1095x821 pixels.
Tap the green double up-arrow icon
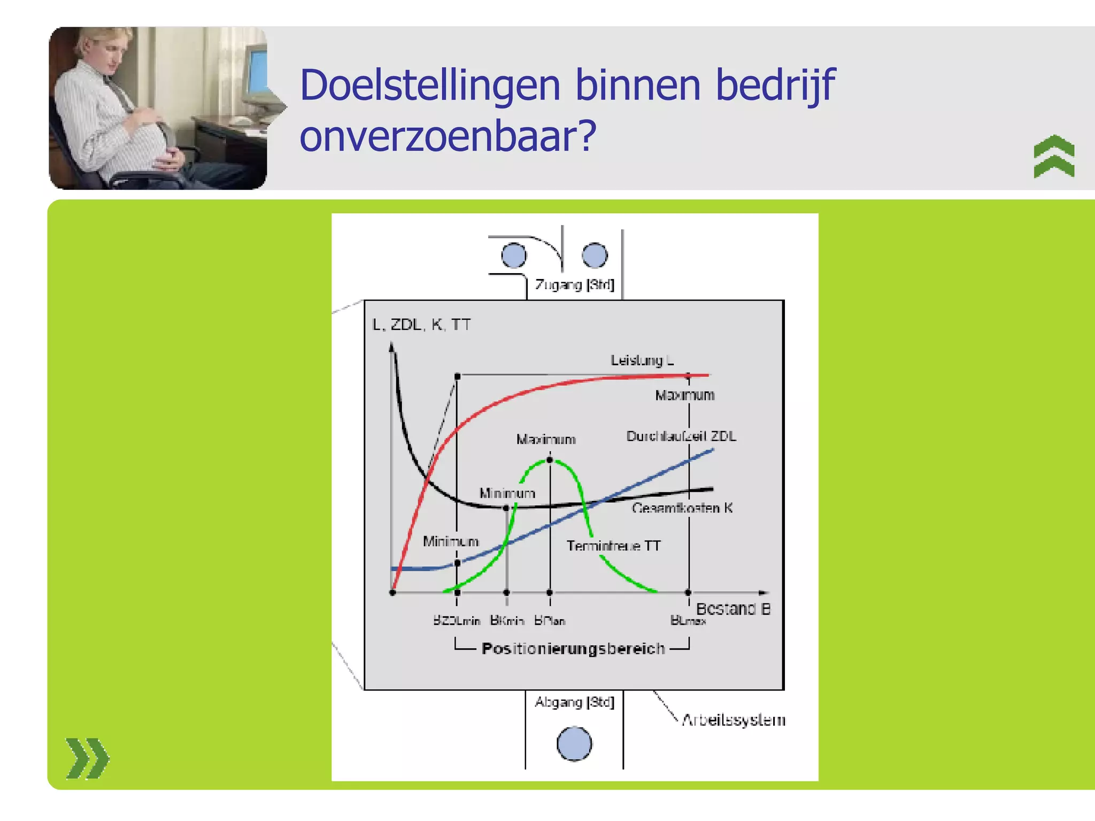1053,156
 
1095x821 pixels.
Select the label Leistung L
642,360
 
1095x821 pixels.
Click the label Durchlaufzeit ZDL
681,436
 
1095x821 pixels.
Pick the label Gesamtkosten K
682,508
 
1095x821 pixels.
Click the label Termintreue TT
613,546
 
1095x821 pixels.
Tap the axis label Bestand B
732,609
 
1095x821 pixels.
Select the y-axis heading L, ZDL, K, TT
421,324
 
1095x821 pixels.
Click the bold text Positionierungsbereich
573,648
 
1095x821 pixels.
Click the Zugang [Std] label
574,284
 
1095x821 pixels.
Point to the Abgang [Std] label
574,702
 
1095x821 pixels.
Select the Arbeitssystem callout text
733,720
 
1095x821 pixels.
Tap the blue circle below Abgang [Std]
574,743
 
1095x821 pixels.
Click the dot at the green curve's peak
550,460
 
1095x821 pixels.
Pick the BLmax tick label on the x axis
688,621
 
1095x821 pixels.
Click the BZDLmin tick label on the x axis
456,621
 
